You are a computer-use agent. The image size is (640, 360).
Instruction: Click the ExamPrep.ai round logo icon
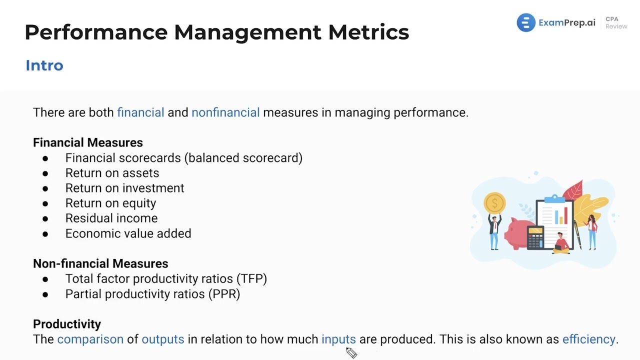[x=526, y=23]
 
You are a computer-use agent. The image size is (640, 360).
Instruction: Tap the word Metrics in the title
[x=368, y=32]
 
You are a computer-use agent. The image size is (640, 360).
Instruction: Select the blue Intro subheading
[x=44, y=65]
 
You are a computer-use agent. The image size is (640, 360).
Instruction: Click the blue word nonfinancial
[x=225, y=112]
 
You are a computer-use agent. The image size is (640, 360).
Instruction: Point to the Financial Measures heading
[x=88, y=142]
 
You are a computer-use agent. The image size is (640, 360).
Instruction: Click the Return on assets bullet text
[x=112, y=173]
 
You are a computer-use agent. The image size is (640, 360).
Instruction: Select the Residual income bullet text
[x=111, y=218]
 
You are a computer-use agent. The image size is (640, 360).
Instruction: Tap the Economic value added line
[x=128, y=233]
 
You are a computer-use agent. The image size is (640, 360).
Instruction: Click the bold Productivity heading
[x=67, y=324]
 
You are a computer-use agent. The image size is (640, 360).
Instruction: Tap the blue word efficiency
[x=588, y=339]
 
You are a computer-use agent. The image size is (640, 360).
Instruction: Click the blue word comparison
[x=90, y=339]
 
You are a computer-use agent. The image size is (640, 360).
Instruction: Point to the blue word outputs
[x=163, y=339]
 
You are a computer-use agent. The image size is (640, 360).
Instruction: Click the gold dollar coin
[x=494, y=203]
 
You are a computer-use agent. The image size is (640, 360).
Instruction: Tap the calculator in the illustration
[x=535, y=237]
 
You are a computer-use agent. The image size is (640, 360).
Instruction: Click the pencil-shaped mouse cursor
[x=351, y=353]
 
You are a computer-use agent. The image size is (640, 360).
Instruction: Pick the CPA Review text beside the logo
[x=616, y=23]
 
